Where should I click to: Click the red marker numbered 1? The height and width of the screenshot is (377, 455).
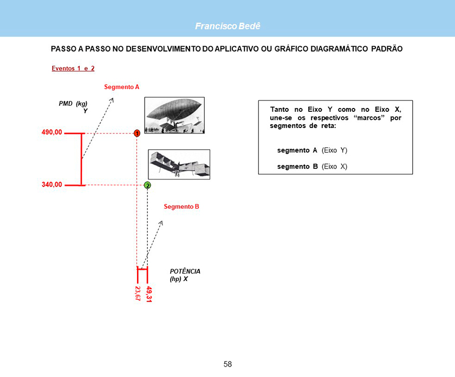(x=137, y=133)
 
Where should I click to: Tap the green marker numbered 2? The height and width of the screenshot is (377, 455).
(x=147, y=185)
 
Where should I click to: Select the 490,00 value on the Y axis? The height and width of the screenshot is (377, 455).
(x=51, y=132)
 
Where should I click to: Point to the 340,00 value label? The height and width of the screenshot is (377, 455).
(x=51, y=184)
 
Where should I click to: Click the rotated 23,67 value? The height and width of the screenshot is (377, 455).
(x=138, y=293)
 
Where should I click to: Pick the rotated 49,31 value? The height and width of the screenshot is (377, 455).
(x=148, y=294)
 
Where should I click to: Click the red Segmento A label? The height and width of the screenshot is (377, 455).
(x=121, y=87)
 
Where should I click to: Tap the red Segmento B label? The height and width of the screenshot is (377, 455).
(x=181, y=207)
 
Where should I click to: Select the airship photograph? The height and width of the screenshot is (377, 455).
(x=174, y=116)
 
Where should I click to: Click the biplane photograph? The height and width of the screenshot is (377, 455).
(x=179, y=164)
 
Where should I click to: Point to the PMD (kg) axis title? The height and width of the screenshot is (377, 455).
(x=73, y=104)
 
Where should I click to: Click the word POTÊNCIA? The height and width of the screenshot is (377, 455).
(x=185, y=271)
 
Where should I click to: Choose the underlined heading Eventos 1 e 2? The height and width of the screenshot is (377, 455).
(x=73, y=68)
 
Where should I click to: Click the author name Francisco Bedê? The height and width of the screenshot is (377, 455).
(x=227, y=26)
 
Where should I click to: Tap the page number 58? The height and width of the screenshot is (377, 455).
(x=228, y=364)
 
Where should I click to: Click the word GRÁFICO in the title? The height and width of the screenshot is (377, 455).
(x=291, y=49)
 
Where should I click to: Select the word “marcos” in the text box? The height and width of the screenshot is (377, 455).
(x=369, y=118)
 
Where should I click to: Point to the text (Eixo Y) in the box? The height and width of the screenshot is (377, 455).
(x=334, y=150)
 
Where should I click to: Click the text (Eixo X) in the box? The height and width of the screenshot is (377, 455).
(x=334, y=167)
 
